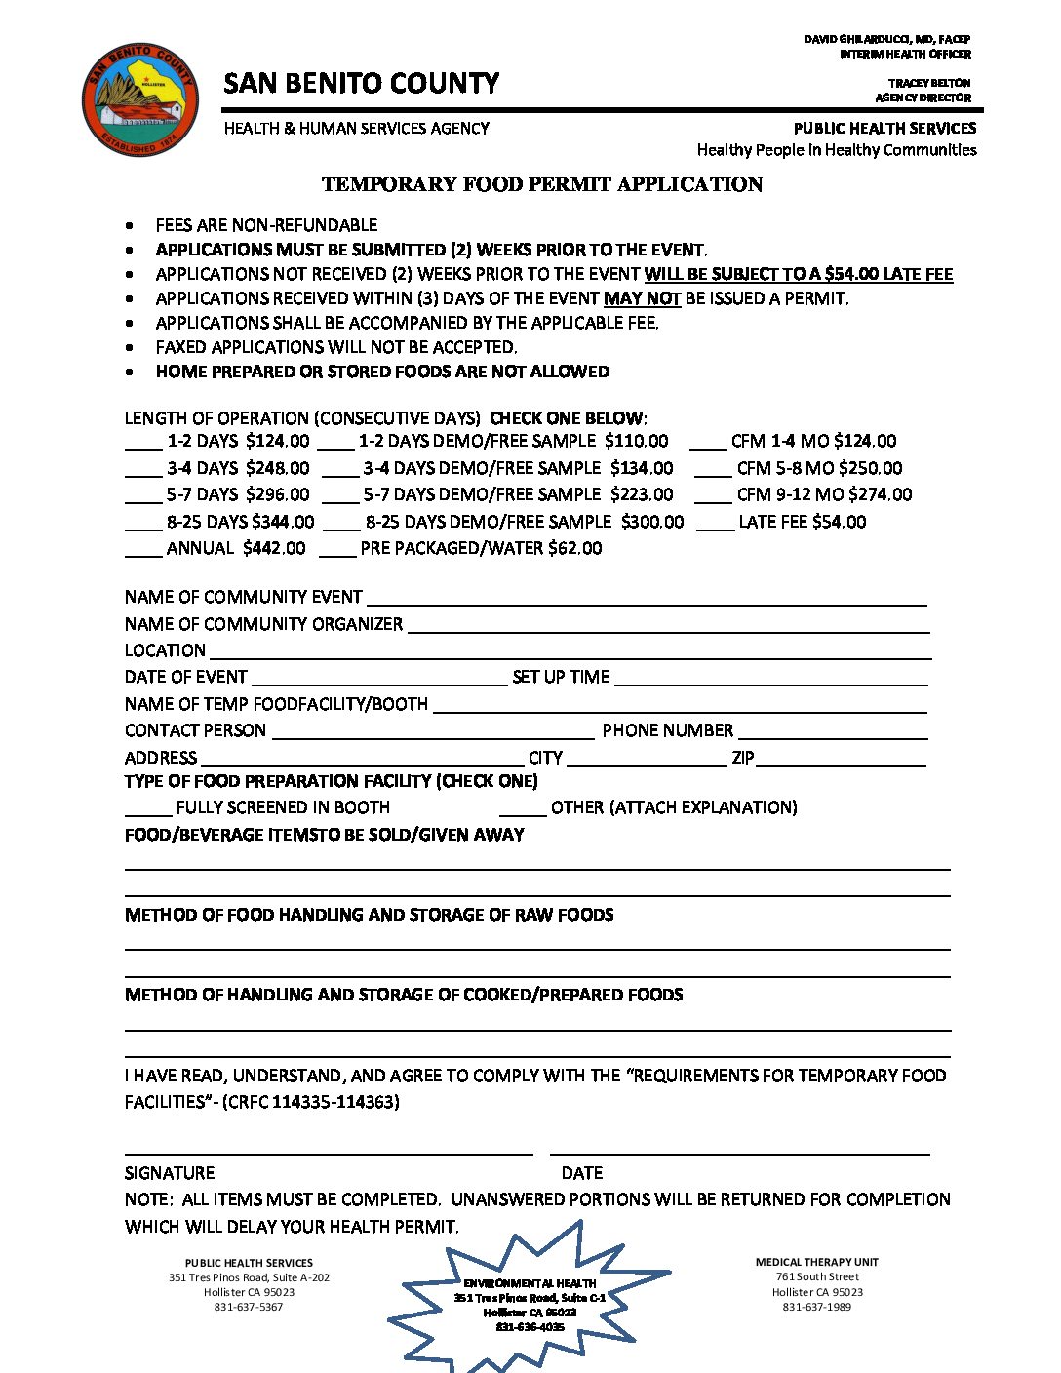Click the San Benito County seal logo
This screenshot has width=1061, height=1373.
[x=139, y=98]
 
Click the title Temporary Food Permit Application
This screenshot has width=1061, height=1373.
[x=542, y=184]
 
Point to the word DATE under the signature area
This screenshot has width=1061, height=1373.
[x=582, y=1173]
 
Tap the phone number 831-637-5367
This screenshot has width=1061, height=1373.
[x=249, y=1307]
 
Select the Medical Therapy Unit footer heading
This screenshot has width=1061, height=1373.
[x=817, y=1262]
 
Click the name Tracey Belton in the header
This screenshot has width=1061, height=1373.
[x=929, y=83]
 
